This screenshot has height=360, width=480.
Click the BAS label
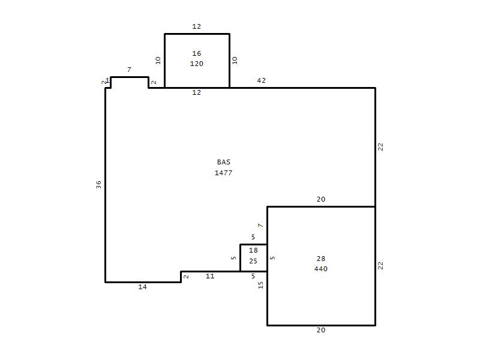[x=223, y=162]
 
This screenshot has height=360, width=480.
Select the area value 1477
[x=223, y=173]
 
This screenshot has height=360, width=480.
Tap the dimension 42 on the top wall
[x=261, y=80]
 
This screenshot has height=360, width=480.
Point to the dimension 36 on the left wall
[x=98, y=184]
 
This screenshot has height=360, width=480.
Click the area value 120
[x=197, y=64]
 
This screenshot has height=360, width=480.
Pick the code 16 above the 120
[x=197, y=53]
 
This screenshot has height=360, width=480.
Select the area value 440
[x=321, y=269]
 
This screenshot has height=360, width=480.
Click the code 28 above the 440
[x=321, y=259]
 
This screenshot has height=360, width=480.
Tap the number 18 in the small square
[x=253, y=250]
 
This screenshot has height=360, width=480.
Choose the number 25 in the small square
[x=253, y=261]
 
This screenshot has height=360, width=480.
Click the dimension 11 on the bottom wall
[x=210, y=276]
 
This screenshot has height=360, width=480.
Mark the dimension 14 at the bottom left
[x=142, y=287]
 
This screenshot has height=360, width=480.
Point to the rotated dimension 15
[x=260, y=285]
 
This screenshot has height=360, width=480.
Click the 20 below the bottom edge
[x=321, y=330]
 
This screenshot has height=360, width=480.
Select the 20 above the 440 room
[x=321, y=199]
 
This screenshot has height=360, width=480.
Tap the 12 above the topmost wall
[x=197, y=26]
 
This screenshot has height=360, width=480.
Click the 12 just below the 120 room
[x=197, y=92]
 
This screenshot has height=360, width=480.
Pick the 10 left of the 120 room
[x=158, y=61]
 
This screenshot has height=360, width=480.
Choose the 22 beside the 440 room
[x=380, y=265]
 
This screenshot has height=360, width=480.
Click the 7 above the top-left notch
[x=129, y=70]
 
